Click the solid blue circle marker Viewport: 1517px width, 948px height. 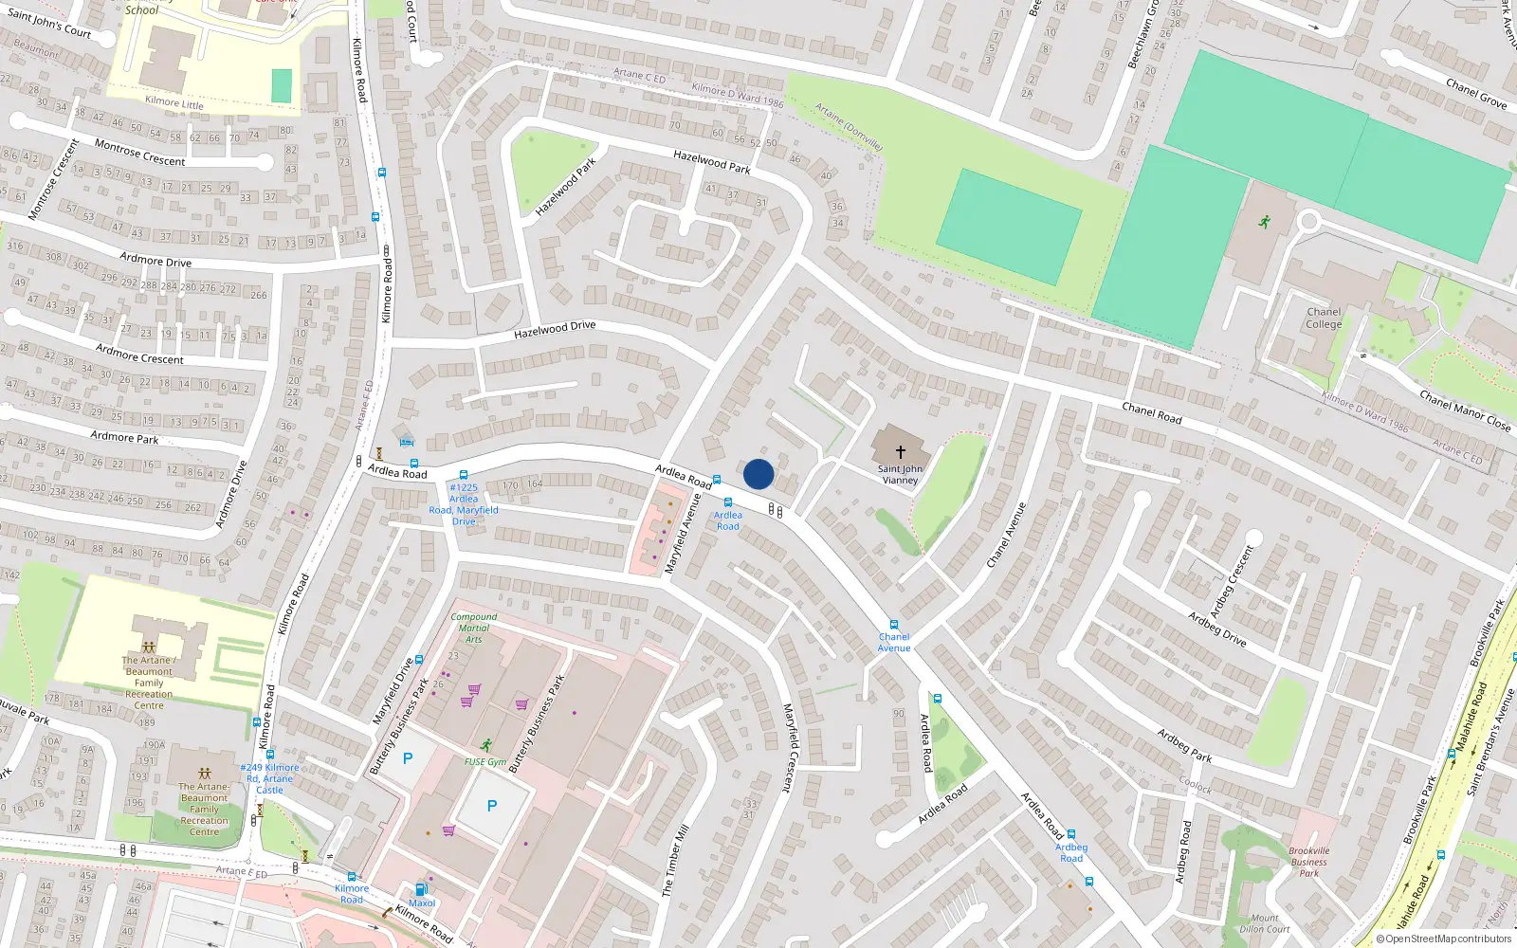(x=758, y=474)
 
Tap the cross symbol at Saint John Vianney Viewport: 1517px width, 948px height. (x=901, y=452)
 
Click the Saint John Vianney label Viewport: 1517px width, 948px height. (x=900, y=474)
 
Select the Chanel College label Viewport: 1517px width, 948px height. (x=1324, y=318)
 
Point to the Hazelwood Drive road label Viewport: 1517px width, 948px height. (x=555, y=330)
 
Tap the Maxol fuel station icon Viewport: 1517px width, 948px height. (x=421, y=889)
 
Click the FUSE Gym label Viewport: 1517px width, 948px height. (x=484, y=761)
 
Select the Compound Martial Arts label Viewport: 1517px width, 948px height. (x=474, y=628)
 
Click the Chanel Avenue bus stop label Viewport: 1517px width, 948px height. (x=893, y=643)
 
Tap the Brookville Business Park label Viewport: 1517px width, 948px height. (x=1308, y=862)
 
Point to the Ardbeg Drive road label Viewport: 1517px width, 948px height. (x=1217, y=629)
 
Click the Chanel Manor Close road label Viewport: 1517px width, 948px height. (x=1464, y=410)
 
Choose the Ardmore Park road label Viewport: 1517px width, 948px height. (x=124, y=437)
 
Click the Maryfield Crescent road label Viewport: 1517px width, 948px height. (x=787, y=747)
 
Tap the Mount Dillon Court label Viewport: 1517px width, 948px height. (x=1265, y=923)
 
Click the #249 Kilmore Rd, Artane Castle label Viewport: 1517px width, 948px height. (x=269, y=778)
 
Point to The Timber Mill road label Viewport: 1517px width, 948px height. (x=675, y=861)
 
